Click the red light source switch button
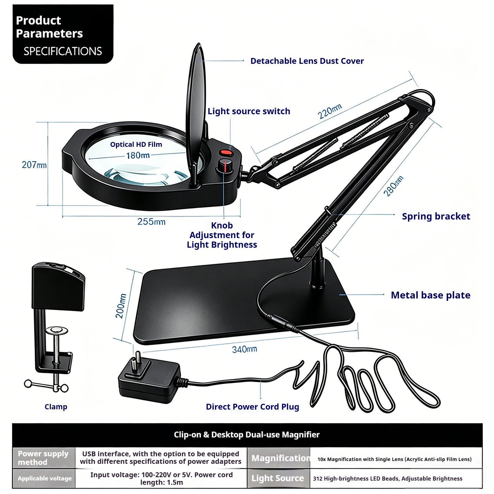pyautogui.click(x=226, y=153)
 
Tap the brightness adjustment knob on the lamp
pyautogui.click(x=225, y=166)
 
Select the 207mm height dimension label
pyautogui.click(x=34, y=165)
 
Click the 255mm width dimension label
pyautogui.click(x=151, y=222)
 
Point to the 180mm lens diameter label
pyautogui.click(x=138, y=155)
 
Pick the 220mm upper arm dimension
pyautogui.click(x=330, y=111)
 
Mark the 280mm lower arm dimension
pyautogui.click(x=393, y=186)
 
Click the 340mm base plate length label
pyautogui.click(x=244, y=349)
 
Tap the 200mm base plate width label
pyautogui.click(x=121, y=306)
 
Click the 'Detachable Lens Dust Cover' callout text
pyautogui.click(x=307, y=61)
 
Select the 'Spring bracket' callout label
pyautogui.click(x=436, y=216)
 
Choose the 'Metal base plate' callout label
pyautogui.click(x=431, y=295)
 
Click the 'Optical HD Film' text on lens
pyautogui.click(x=136, y=144)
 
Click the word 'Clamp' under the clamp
pyautogui.click(x=56, y=407)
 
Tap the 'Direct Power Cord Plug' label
pyautogui.click(x=252, y=407)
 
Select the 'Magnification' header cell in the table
pyautogui.click(x=279, y=458)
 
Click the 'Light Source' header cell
pyautogui.click(x=279, y=478)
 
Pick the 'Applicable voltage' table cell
pyautogui.click(x=44, y=478)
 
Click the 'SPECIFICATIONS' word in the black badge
pyautogui.click(x=63, y=51)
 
